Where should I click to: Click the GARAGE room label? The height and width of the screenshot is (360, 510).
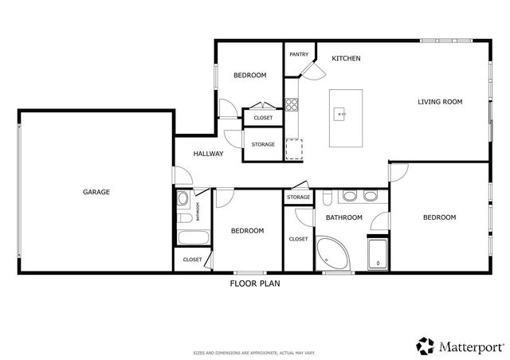95,192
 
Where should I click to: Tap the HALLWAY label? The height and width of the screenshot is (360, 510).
207,154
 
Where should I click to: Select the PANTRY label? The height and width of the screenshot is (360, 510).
299,54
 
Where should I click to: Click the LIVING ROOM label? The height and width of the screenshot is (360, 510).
440,102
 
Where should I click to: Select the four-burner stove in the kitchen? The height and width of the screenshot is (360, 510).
292,104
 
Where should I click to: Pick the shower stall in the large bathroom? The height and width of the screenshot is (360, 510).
376,254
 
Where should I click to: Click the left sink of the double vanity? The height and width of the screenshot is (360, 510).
349,196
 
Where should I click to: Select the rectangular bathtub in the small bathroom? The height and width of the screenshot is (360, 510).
192,237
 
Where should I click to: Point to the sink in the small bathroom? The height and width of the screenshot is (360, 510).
182,198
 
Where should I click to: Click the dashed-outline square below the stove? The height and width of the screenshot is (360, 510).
294,149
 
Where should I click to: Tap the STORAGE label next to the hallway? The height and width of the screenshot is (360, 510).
263,144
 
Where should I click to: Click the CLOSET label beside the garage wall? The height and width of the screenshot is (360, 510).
192,260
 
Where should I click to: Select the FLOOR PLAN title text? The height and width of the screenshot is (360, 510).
254,283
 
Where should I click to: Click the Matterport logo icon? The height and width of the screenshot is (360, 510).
424,344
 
